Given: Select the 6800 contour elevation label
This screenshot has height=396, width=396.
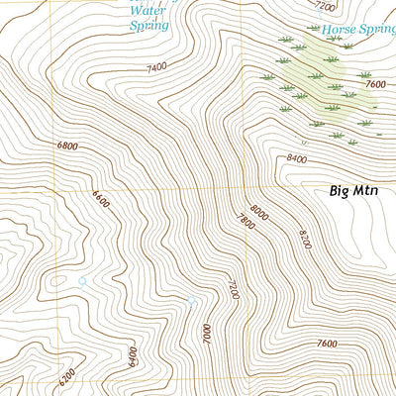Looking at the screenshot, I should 67,146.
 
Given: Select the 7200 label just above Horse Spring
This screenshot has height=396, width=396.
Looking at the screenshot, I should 324,6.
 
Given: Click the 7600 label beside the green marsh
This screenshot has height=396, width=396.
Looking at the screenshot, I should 374,84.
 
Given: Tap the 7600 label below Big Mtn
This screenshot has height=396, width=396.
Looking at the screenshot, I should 327,344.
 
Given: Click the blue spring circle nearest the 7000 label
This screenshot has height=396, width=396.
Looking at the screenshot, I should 192,301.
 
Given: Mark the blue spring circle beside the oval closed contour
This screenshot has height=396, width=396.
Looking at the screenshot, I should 82,281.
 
